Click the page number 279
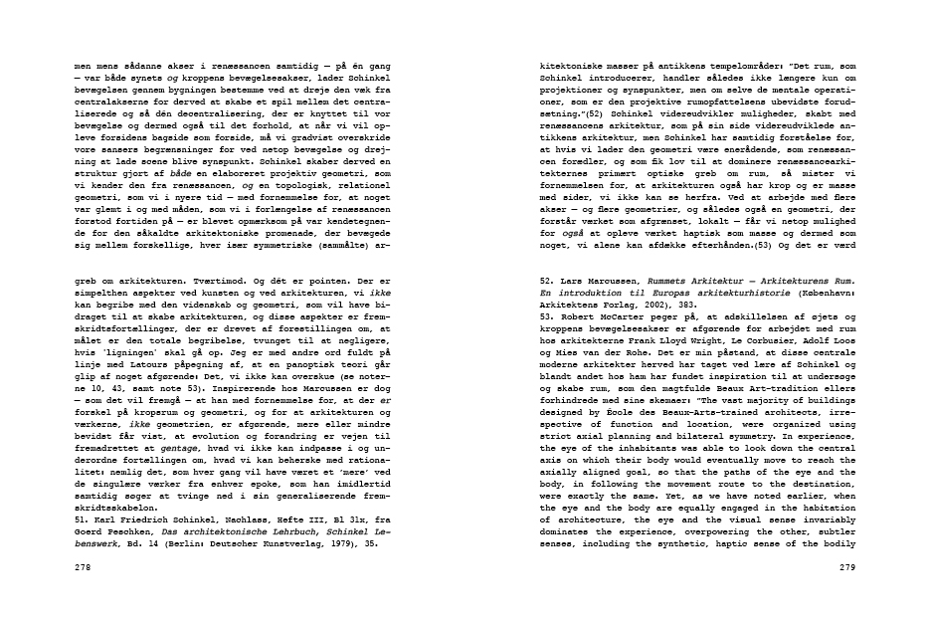(x=846, y=565)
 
